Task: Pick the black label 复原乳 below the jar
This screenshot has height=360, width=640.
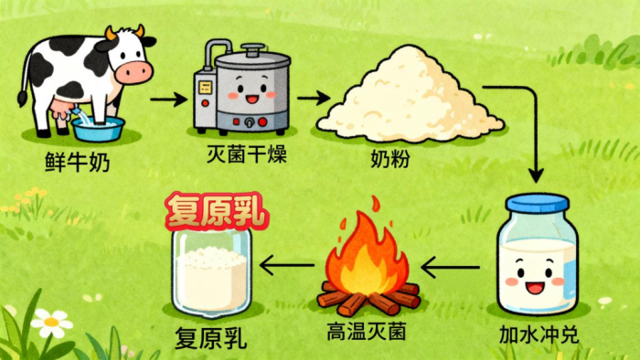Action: [x=210, y=339]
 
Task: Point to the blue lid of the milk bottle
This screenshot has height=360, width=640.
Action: [x=538, y=203]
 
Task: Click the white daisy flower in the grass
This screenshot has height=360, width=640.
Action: [x=50, y=323]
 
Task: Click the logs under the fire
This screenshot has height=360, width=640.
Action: [x=369, y=298]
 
